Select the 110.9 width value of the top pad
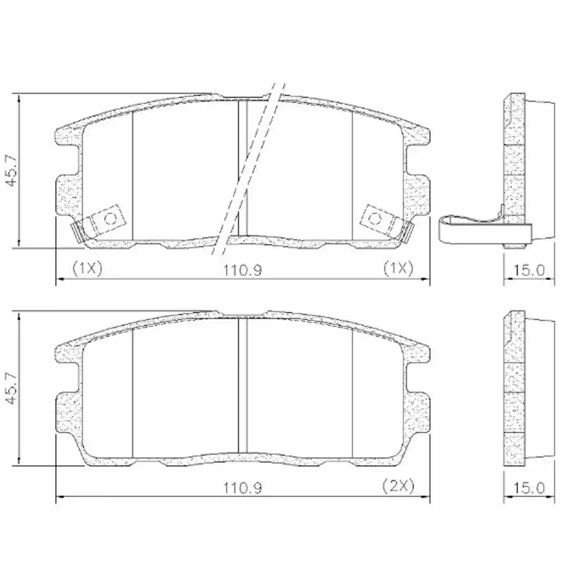click(x=242, y=269)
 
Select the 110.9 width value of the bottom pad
click(x=242, y=488)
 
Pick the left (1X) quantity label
click(x=87, y=268)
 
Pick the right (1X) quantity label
click(x=397, y=268)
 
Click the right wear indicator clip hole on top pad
click(x=374, y=218)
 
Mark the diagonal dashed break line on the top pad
click(x=249, y=171)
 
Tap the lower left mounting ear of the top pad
click(x=69, y=194)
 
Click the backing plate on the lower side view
click(x=515, y=388)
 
